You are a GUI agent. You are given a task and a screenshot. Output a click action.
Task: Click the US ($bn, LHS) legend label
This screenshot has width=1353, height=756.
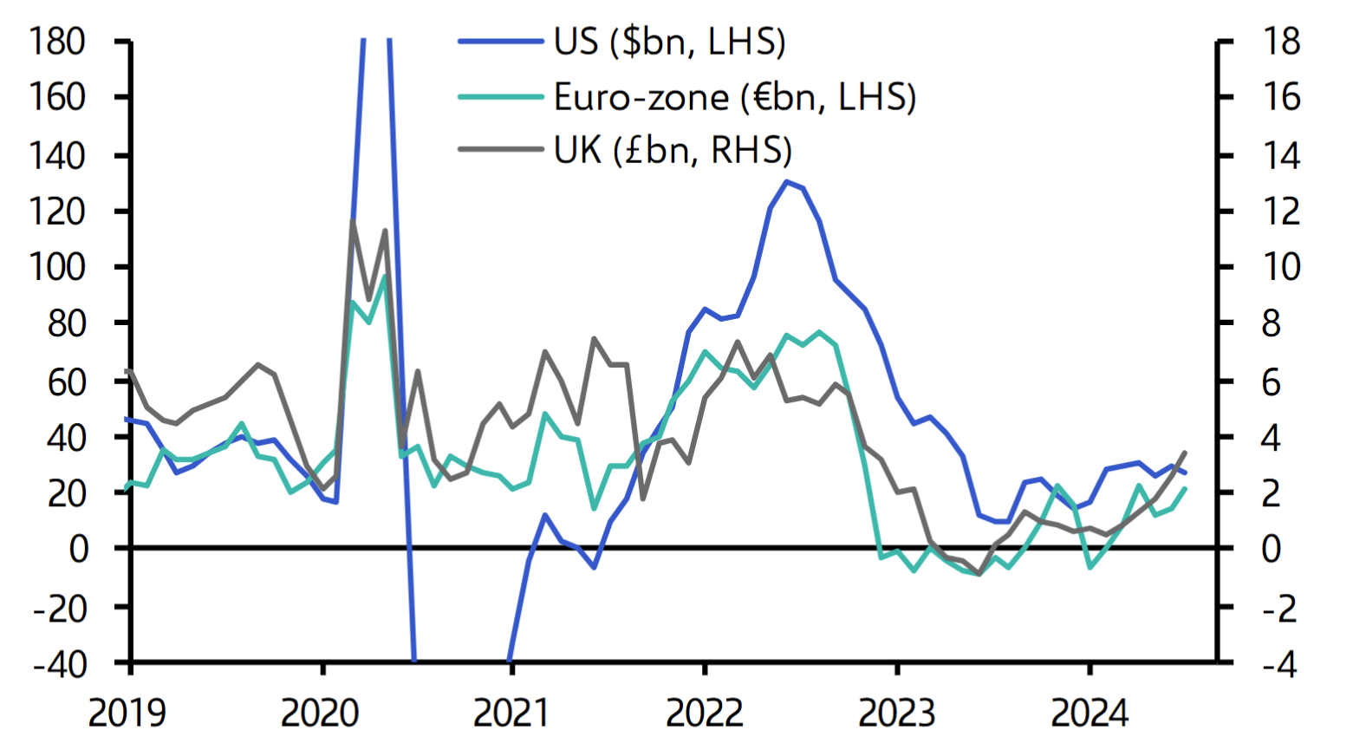coord(669,42)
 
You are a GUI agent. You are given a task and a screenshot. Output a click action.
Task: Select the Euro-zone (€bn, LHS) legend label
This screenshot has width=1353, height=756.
coord(735,97)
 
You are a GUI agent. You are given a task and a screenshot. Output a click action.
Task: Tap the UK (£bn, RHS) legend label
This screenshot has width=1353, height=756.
coord(673,151)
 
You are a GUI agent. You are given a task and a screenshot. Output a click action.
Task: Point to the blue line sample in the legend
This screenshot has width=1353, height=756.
coord(500,42)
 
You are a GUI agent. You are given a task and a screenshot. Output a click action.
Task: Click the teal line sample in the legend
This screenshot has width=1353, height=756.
coord(500,97)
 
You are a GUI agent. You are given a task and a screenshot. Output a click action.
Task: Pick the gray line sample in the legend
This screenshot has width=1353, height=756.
coord(500,150)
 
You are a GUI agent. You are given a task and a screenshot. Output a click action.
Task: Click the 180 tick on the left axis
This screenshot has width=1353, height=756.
coord(57,42)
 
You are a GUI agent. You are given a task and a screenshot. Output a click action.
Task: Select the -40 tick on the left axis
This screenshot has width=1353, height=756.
coord(60,664)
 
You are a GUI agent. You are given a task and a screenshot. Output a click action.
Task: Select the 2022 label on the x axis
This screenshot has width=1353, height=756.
coord(704,714)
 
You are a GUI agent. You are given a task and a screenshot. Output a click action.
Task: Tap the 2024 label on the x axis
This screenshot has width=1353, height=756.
coord(1090,714)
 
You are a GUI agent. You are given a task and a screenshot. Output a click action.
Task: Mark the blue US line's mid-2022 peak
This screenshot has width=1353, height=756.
coord(786,181)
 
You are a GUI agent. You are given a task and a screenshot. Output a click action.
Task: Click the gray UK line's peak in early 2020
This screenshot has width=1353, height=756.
coord(353,222)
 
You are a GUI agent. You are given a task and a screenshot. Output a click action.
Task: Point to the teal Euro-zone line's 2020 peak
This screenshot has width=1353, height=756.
coord(385,277)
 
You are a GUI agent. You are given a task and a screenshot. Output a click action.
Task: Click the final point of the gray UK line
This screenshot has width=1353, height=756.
coord(1185,453)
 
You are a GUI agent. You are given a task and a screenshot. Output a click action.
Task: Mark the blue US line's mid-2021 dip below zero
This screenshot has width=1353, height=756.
coord(594,568)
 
